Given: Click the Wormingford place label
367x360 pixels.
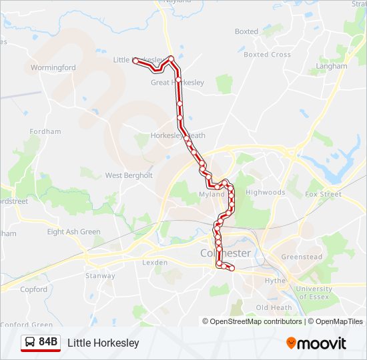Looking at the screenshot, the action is tap(53, 67).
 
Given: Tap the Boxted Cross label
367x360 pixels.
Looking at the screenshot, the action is tap(267, 55).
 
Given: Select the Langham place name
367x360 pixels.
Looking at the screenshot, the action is tap(332, 66).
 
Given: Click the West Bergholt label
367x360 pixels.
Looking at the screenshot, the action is tap(129, 175).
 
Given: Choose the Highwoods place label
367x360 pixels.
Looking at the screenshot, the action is tap(265, 192).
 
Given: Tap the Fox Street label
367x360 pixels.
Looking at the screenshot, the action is tap(323, 194).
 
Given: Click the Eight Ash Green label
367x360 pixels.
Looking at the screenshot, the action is tap(73, 232).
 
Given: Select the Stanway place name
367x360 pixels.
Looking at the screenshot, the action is tap(100, 275).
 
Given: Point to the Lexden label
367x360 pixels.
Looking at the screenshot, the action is tap(155, 263).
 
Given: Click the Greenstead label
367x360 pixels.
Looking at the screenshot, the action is tap(302, 257).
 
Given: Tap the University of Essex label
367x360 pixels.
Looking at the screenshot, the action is tap(313, 293).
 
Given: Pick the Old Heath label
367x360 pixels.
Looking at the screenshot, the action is tap(274, 307).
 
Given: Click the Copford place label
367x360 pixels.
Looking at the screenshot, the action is tap(33, 289).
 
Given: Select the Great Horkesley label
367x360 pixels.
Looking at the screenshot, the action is tap(177, 83).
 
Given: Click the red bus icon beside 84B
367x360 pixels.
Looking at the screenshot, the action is tap(30, 342).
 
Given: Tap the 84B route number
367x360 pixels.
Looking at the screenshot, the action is tap(48, 342).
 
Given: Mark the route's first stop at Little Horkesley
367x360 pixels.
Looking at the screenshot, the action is tap(135, 61).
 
